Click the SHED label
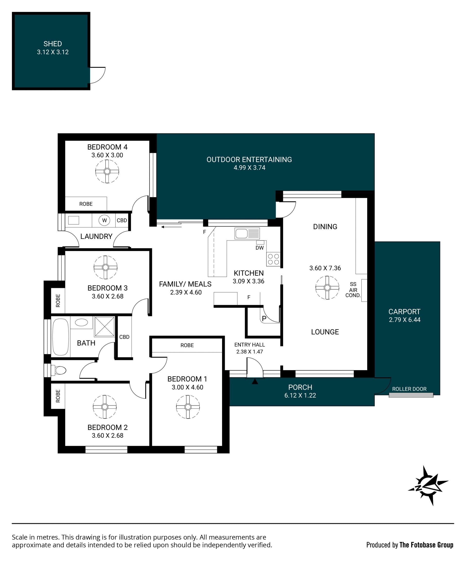(x=53, y=44)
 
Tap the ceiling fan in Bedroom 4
(x=107, y=171)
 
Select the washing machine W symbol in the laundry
(x=104, y=220)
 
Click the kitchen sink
(x=247, y=233)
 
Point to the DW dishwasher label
(x=260, y=248)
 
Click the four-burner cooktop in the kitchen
(x=273, y=259)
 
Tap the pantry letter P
(x=264, y=318)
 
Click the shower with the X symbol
(x=104, y=326)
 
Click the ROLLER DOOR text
(x=409, y=389)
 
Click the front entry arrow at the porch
(x=255, y=382)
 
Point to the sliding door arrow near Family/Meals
(x=171, y=227)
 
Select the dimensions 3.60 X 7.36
(x=325, y=268)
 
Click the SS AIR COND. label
(x=353, y=290)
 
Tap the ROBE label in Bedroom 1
(x=187, y=345)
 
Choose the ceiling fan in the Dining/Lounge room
(x=327, y=288)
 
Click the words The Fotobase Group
(x=426, y=545)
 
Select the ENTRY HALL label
(x=250, y=345)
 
